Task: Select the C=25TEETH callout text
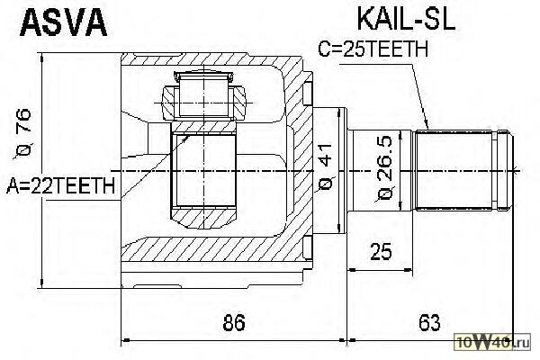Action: [373, 49]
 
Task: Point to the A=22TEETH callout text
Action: [60, 185]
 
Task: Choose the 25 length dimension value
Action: [381, 251]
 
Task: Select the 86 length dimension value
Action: [234, 322]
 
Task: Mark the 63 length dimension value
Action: [429, 322]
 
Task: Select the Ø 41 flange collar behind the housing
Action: [329, 170]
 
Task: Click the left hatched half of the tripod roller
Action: [170, 103]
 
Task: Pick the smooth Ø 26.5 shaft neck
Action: [380, 170]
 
